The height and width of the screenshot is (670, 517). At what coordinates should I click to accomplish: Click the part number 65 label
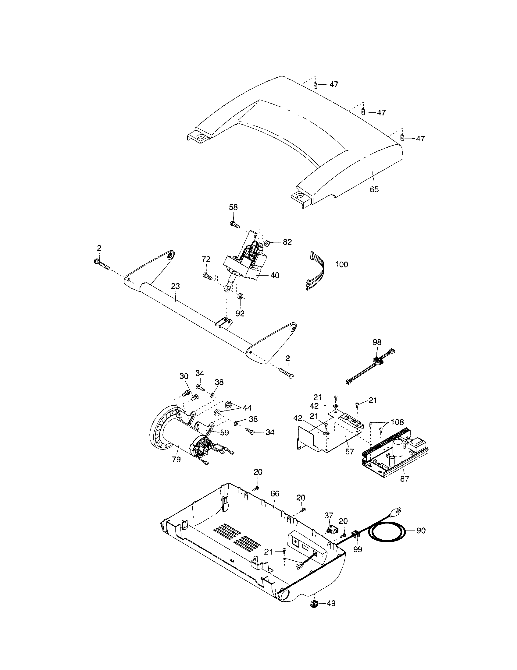coord(374,189)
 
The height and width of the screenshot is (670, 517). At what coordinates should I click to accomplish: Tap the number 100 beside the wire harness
coord(341,264)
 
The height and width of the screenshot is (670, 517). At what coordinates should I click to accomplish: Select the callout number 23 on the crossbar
coord(175,287)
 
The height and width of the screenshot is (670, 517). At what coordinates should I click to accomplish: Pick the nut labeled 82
coord(266,243)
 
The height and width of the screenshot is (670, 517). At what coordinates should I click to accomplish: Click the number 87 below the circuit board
coord(404,478)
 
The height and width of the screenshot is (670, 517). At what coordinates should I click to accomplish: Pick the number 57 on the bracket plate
coord(350,451)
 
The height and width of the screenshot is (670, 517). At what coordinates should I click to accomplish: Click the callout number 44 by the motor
coord(247,408)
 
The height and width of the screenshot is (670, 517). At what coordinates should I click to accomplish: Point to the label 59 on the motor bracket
coord(224,432)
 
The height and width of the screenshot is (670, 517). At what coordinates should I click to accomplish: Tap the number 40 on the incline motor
coord(274,276)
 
